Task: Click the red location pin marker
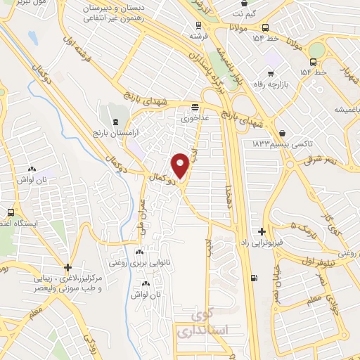click(180, 165)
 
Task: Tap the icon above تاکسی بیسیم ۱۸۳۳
click(282, 132)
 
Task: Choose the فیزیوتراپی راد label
click(262, 242)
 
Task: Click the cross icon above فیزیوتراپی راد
click(262, 231)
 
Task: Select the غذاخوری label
click(195, 118)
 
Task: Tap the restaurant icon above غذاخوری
click(195, 108)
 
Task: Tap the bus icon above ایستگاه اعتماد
click(11, 212)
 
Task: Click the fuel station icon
click(253, 278)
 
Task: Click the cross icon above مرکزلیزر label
click(67, 267)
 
